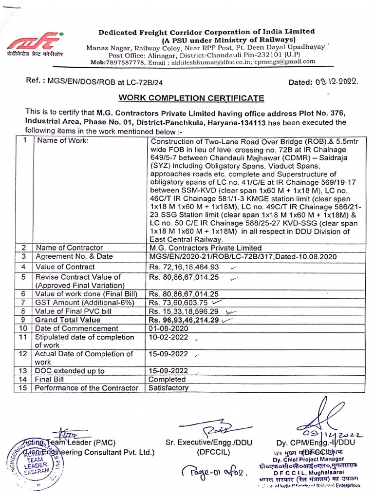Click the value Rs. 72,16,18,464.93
(184, 267)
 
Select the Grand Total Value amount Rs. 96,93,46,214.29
(184, 320)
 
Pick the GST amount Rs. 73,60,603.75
(179, 302)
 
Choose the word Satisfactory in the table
(168, 388)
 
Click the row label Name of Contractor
(69, 248)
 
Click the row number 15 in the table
(22, 388)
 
